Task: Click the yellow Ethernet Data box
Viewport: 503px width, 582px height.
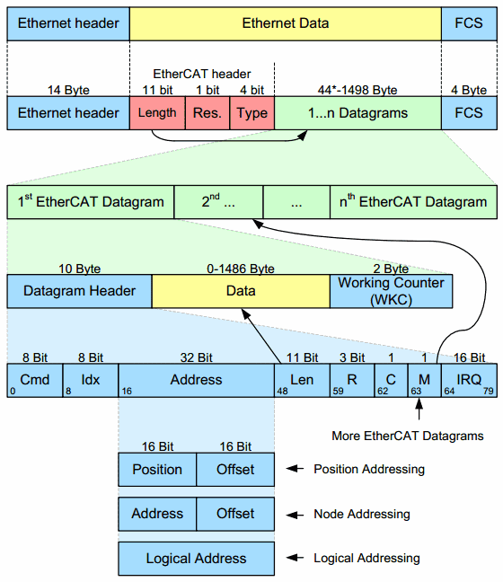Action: pyautogui.click(x=286, y=22)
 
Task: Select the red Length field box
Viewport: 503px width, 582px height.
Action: pyautogui.click(x=158, y=113)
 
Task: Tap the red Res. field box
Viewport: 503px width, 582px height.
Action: pyautogui.click(x=207, y=113)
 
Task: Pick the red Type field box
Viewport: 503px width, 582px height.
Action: pyautogui.click(x=252, y=113)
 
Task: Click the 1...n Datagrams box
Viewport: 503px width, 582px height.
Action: pyautogui.click(x=357, y=113)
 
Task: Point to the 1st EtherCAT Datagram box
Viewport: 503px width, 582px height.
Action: pyautogui.click(x=91, y=202)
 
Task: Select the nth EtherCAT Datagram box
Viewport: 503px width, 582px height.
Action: pyautogui.click(x=412, y=202)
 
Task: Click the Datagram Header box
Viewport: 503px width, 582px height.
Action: pyautogui.click(x=79, y=291)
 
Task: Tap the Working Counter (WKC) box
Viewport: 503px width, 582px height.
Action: pyautogui.click(x=391, y=291)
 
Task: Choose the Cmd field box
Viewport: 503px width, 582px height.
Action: pyautogui.click(x=34, y=380)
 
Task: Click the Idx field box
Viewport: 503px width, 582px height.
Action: pyautogui.click(x=91, y=380)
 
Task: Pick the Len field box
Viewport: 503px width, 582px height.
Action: pyautogui.click(x=302, y=380)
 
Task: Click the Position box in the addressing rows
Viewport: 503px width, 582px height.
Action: pyautogui.click(x=157, y=469)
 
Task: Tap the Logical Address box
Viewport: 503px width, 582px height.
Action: pyautogui.click(x=196, y=559)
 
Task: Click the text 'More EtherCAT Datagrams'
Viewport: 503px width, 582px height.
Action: pyautogui.click(x=406, y=436)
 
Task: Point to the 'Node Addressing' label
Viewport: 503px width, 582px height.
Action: pyautogui.click(x=361, y=514)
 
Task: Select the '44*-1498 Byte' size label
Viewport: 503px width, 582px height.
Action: pyautogui.click(x=357, y=90)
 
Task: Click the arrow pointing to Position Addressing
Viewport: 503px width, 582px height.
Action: pyautogui.click(x=295, y=469)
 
